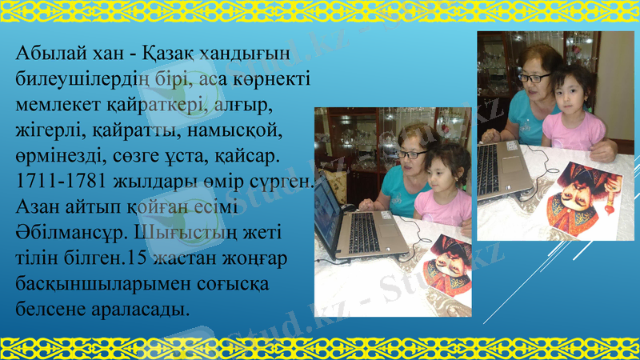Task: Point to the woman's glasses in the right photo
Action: point(535,78)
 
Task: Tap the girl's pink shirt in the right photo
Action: point(572,132)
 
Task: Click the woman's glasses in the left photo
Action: point(412,154)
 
